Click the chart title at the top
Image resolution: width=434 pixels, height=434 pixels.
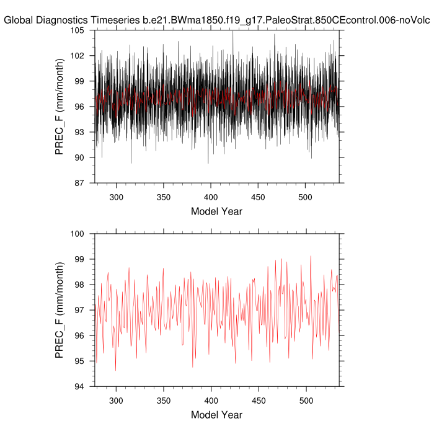tap(217, 19)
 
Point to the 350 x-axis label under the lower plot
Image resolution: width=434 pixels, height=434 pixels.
tap(163, 401)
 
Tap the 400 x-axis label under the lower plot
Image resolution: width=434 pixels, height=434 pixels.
tap(211, 401)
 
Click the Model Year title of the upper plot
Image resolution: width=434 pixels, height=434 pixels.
tap(216, 211)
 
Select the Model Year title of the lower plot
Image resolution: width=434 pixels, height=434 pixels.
tap(216, 415)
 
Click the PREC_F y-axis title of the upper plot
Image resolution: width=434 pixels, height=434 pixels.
tap(60, 106)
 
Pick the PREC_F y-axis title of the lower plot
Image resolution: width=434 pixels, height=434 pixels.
tap(60, 310)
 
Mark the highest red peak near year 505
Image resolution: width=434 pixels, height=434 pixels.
tap(311, 256)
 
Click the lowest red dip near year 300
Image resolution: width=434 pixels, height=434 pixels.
tap(115, 371)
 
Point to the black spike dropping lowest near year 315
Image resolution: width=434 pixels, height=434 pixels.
tap(131, 163)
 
